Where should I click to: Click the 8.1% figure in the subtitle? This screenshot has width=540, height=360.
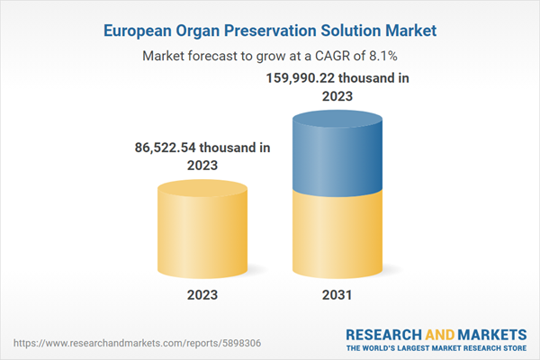(x=380, y=56)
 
